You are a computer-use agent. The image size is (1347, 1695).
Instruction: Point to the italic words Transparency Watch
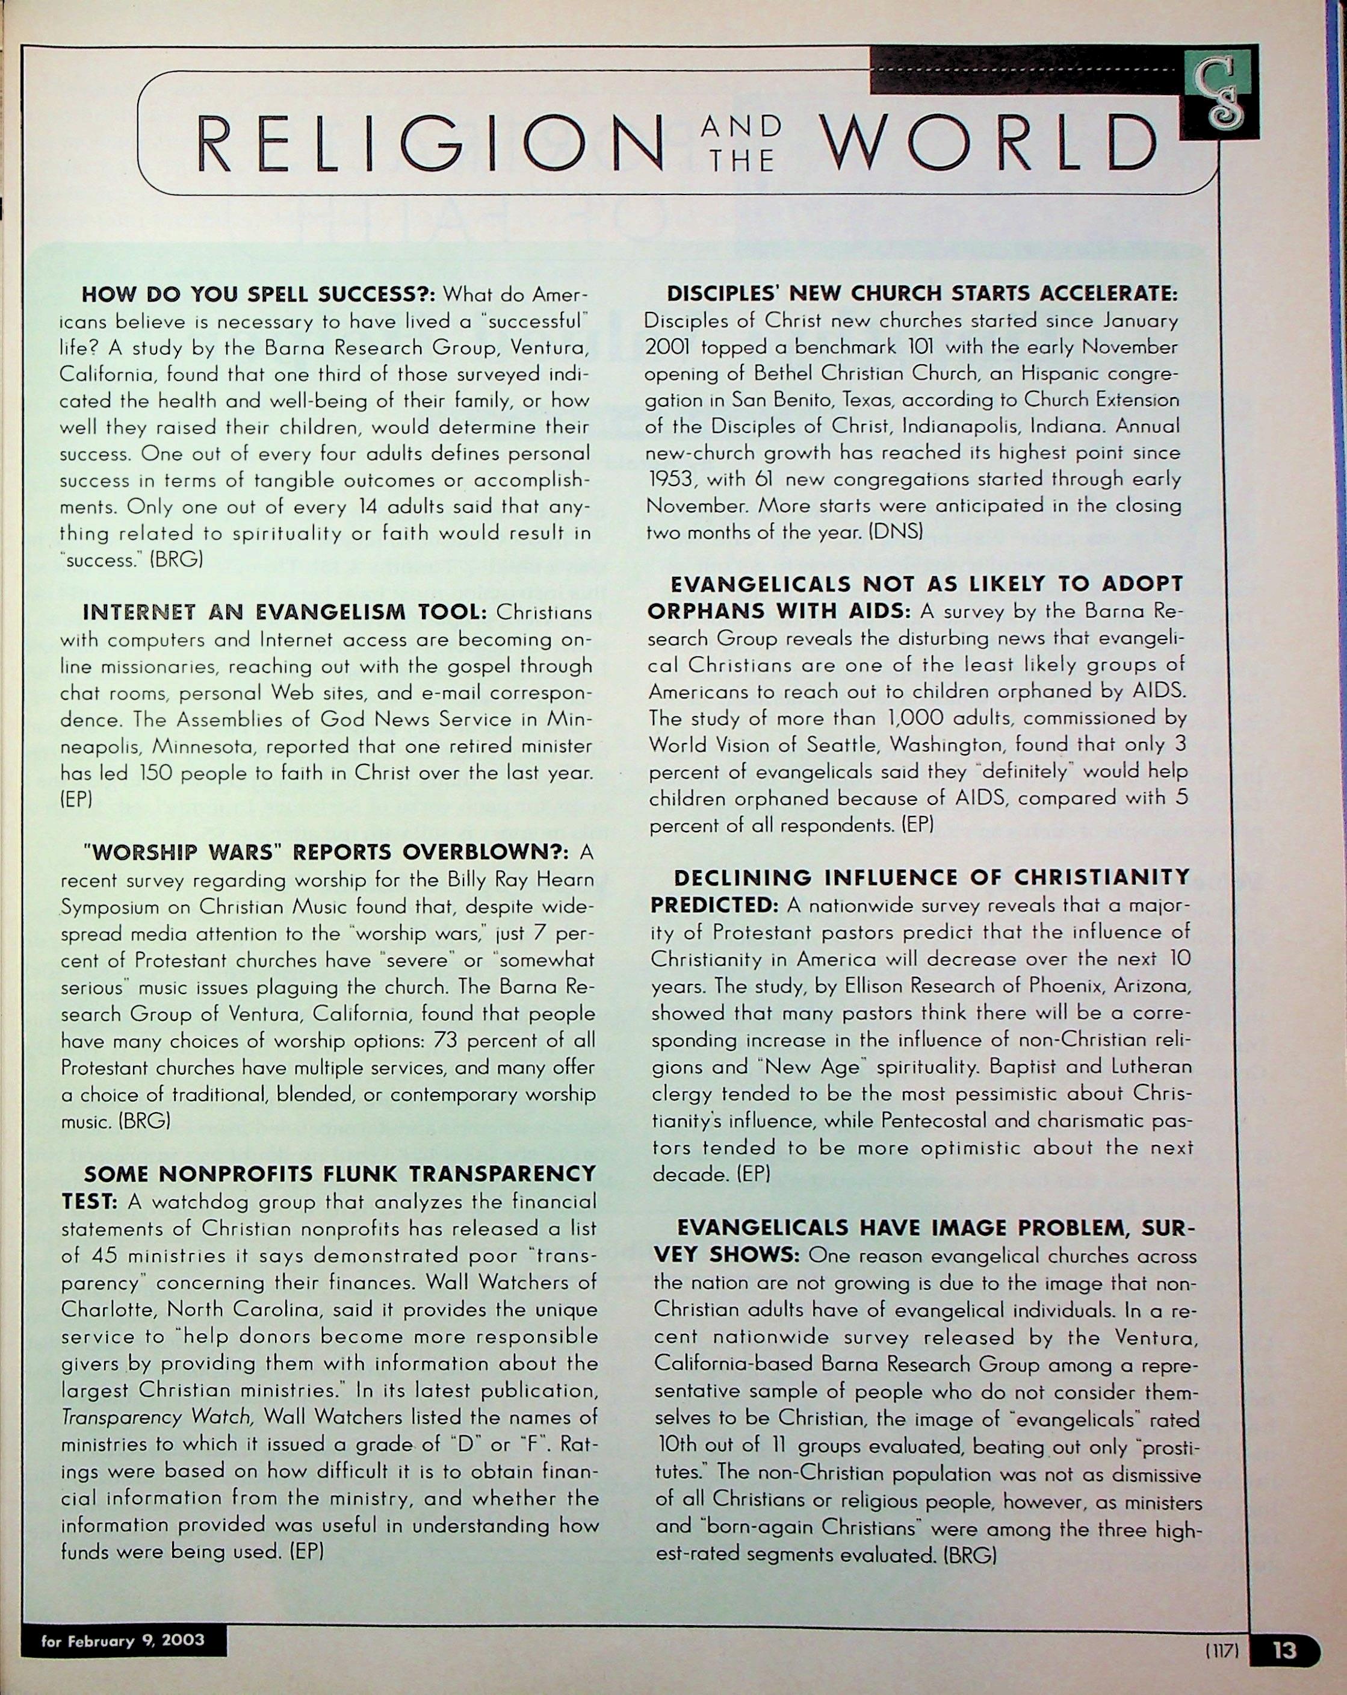[x=157, y=1417]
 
